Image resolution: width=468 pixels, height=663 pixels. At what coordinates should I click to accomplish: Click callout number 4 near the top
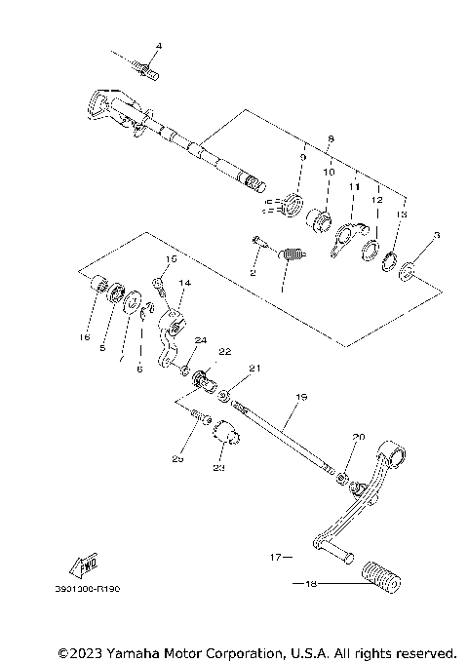coord(160,47)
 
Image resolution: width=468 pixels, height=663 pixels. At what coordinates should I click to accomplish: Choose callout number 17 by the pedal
coord(275,557)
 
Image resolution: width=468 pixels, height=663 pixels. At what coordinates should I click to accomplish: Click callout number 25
coord(177,458)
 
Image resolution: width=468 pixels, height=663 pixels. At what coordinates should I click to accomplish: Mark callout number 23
coord(217,468)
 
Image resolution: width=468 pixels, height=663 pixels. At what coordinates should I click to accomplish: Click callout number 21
coord(254,369)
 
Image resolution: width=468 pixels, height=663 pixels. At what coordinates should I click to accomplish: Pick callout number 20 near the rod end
coord(356,438)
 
